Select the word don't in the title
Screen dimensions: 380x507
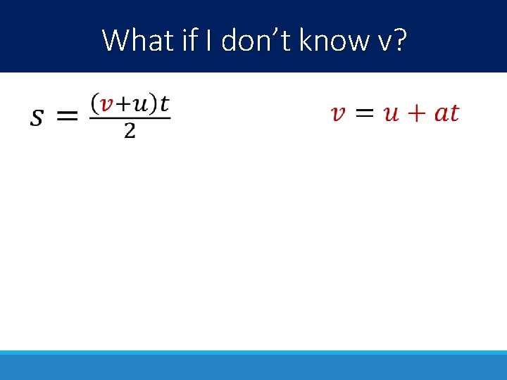click(257, 41)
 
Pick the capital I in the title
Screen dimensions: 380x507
click(210, 41)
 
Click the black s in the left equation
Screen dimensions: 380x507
click(36, 117)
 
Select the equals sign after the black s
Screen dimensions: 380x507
click(67, 117)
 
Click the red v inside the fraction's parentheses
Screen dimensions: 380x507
click(106, 104)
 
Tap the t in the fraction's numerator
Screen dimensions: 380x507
click(164, 103)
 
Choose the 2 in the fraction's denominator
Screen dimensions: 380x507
click(130, 131)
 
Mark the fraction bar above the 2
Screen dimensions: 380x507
click(130, 118)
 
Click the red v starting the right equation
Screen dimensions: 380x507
click(338, 114)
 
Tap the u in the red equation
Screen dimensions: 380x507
click(391, 114)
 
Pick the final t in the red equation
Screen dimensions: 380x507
click(454, 113)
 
